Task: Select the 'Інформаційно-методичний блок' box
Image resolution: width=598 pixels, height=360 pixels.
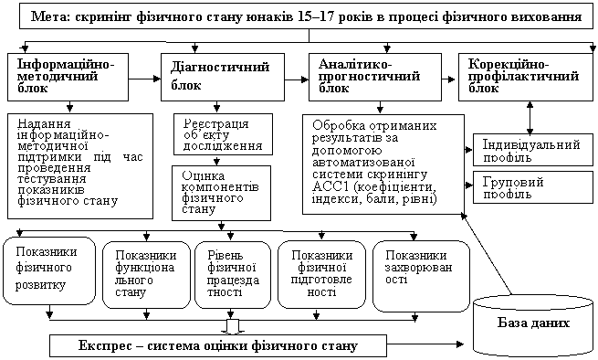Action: [68, 77]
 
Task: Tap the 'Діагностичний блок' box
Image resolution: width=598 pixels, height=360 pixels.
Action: [223, 77]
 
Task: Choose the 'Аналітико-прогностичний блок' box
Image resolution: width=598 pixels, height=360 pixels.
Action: [375, 77]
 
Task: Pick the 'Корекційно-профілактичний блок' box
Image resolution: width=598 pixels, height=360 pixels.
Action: [526, 77]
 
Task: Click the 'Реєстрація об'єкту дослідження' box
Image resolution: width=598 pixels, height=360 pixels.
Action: [223, 134]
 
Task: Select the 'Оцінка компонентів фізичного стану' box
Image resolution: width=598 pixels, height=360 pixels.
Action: [221, 193]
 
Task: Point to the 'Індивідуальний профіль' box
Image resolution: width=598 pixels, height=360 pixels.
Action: [533, 150]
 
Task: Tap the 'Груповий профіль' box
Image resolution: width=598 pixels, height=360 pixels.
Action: [533, 187]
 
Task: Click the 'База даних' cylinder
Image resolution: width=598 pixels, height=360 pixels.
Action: [533, 325]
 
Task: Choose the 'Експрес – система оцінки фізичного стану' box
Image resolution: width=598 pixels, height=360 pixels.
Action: [218, 346]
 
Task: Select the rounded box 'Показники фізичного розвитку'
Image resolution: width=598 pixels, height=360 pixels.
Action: [49, 270]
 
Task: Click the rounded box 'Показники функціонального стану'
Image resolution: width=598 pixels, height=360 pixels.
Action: [146, 274]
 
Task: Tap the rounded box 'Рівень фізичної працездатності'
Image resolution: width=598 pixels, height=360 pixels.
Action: [233, 274]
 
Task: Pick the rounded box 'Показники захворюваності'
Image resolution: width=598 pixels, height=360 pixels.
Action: [421, 276]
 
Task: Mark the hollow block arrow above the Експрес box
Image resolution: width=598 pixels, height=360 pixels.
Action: [231, 327]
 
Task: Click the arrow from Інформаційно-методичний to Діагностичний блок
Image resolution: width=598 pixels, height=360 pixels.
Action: [144, 79]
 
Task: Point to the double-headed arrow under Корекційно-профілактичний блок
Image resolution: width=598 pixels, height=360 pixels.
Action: [530, 118]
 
